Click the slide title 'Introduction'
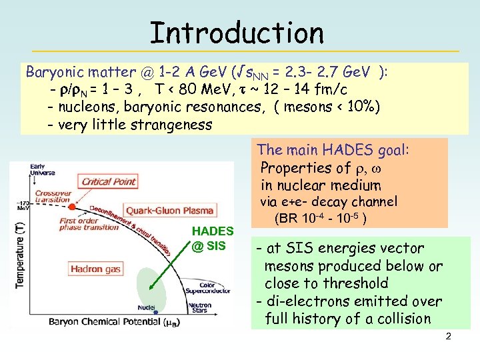coord(237,32)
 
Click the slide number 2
coord(448,336)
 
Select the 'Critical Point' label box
coord(108,181)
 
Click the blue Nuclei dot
coord(155,311)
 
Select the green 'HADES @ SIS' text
coord(212,239)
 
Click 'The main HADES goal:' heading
coord(333,150)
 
